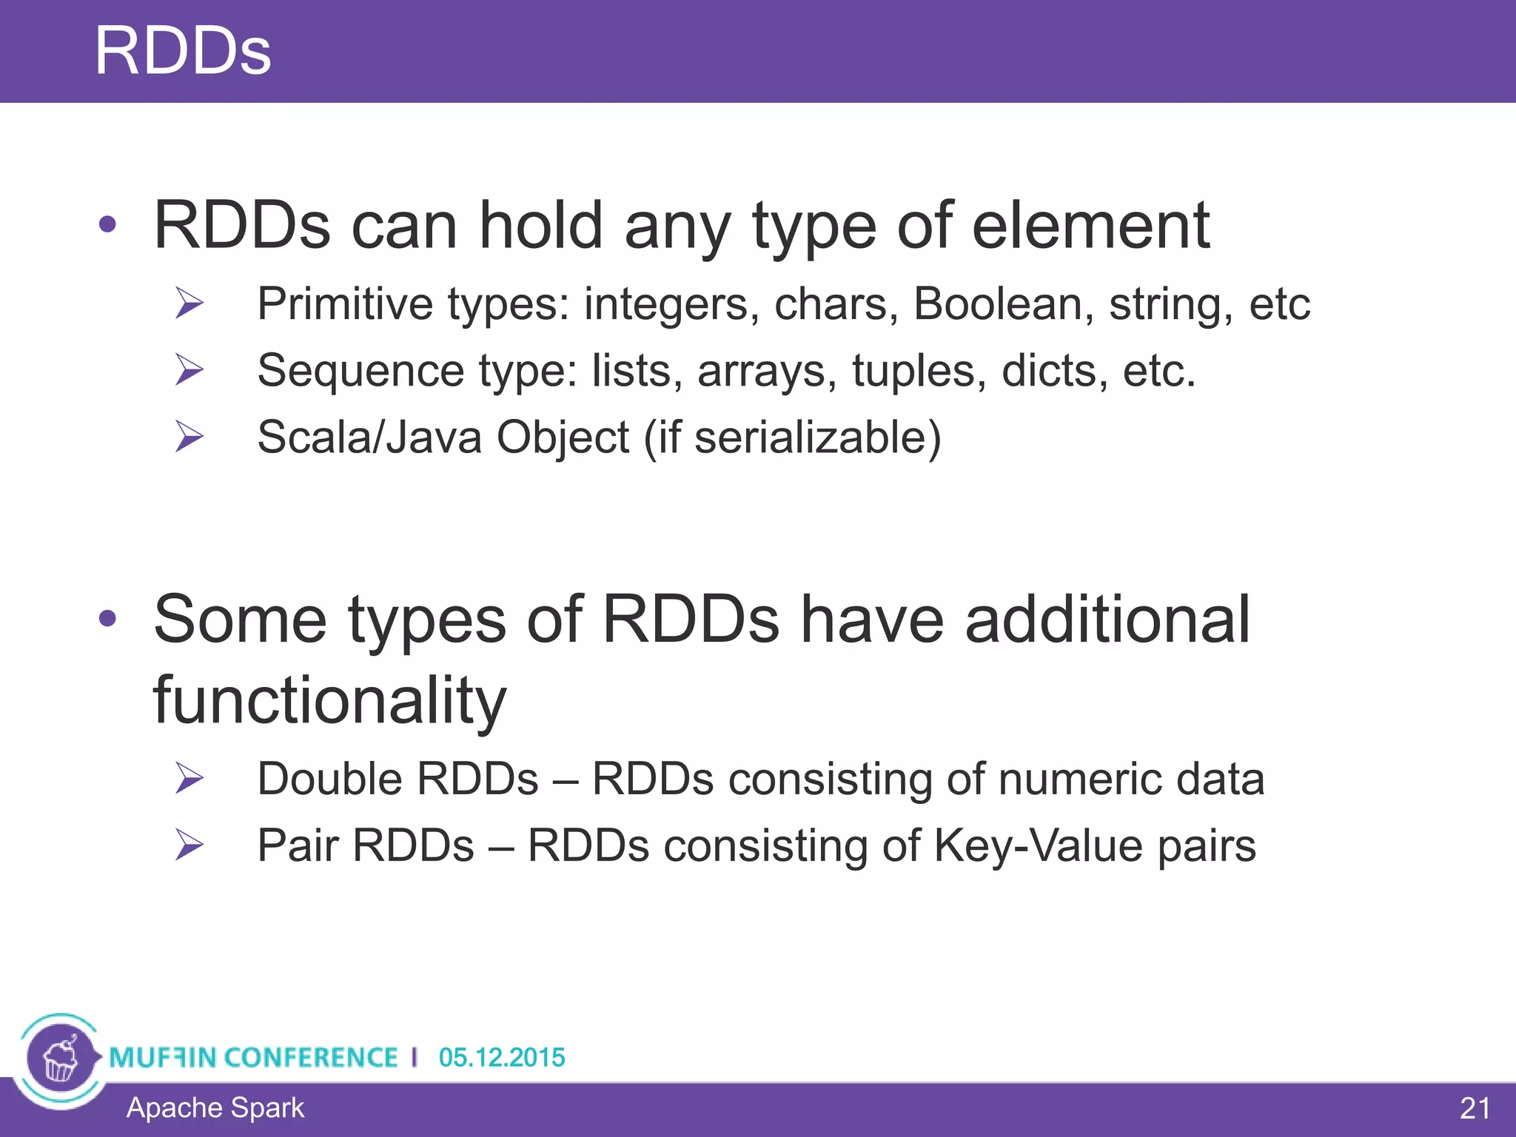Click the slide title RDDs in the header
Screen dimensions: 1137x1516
[x=183, y=51]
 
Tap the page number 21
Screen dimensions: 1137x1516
[x=1475, y=1108]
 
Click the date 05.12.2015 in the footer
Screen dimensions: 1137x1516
[x=501, y=1057]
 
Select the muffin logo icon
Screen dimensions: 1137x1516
[x=61, y=1059]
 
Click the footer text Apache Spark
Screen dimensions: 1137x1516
[x=215, y=1107]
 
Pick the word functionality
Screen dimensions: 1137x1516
[x=329, y=700]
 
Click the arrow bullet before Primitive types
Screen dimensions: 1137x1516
[x=189, y=303]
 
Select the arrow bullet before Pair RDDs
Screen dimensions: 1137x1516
[x=189, y=845]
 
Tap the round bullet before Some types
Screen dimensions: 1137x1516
[x=108, y=618]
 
